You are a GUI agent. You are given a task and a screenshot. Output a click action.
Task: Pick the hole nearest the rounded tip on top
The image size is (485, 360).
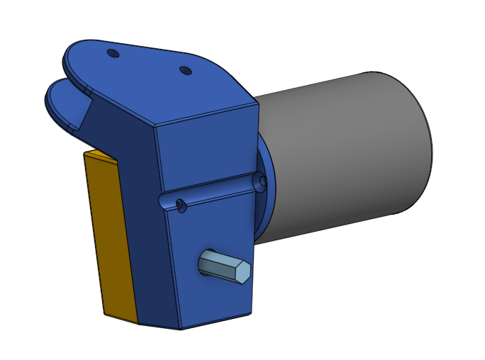coord(112,53)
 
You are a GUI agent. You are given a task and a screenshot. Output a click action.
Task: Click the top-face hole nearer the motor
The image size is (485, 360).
coord(185,71)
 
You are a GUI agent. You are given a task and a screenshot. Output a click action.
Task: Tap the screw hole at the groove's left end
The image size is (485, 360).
coord(181,206)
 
